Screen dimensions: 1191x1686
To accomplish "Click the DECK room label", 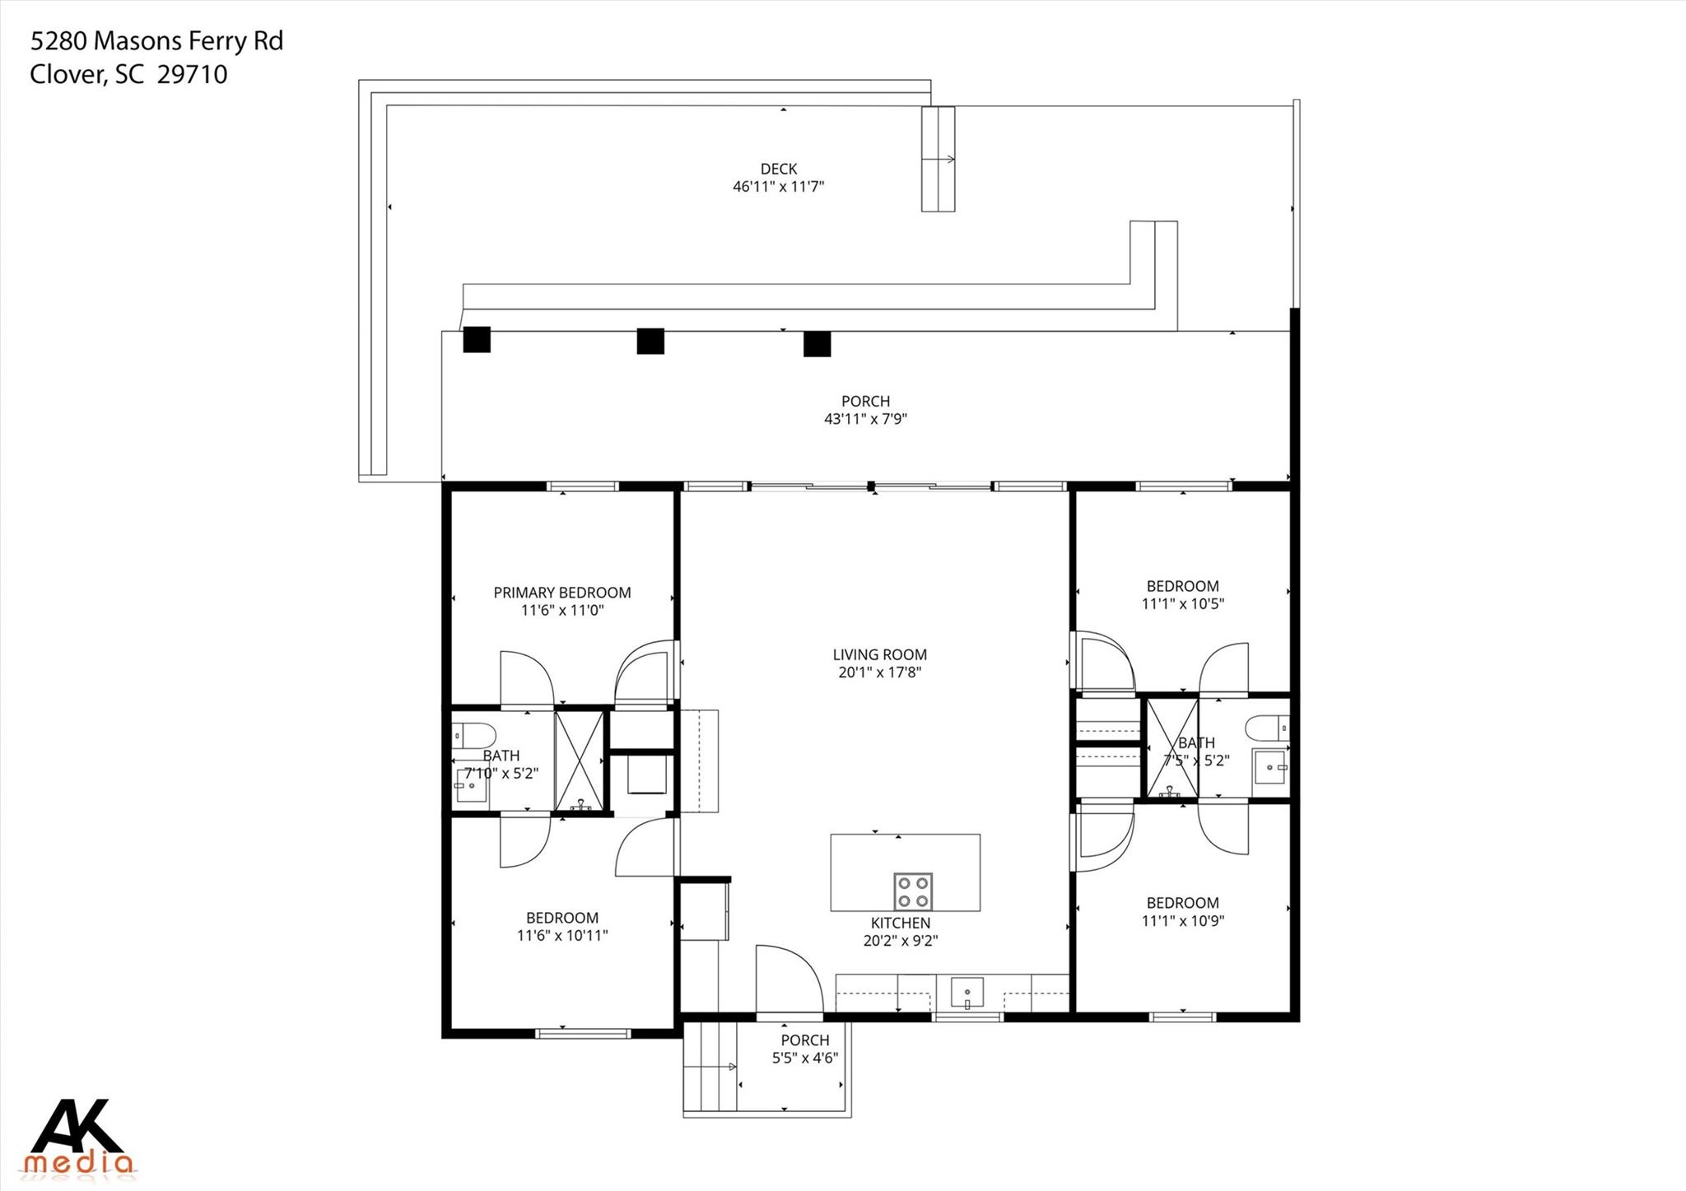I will click(x=778, y=169).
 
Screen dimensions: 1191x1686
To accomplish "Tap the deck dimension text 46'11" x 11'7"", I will click(x=778, y=187).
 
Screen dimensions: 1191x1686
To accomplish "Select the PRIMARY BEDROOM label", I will click(x=562, y=593).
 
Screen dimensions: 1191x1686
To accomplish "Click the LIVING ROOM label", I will click(x=879, y=655).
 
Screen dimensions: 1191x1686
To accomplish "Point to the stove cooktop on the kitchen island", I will click(x=913, y=890).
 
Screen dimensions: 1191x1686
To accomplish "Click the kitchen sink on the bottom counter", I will click(x=967, y=993).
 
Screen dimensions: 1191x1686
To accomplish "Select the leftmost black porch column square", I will click(x=477, y=339).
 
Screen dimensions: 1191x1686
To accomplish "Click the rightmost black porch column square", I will click(x=817, y=343).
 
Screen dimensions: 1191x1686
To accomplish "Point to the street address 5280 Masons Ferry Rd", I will click(x=156, y=41).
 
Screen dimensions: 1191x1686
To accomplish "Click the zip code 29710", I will click(x=192, y=75).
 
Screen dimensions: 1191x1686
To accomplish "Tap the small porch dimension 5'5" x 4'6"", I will click(x=804, y=1058).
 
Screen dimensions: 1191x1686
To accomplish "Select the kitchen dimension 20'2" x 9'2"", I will click(x=901, y=941).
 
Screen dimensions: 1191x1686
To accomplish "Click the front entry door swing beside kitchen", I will click(x=789, y=979).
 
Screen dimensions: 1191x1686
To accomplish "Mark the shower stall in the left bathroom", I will click(x=580, y=761).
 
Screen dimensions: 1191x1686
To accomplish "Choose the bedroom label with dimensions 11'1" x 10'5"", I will click(x=1182, y=586).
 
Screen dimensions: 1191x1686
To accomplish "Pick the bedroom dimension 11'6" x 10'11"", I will click(x=562, y=936).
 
